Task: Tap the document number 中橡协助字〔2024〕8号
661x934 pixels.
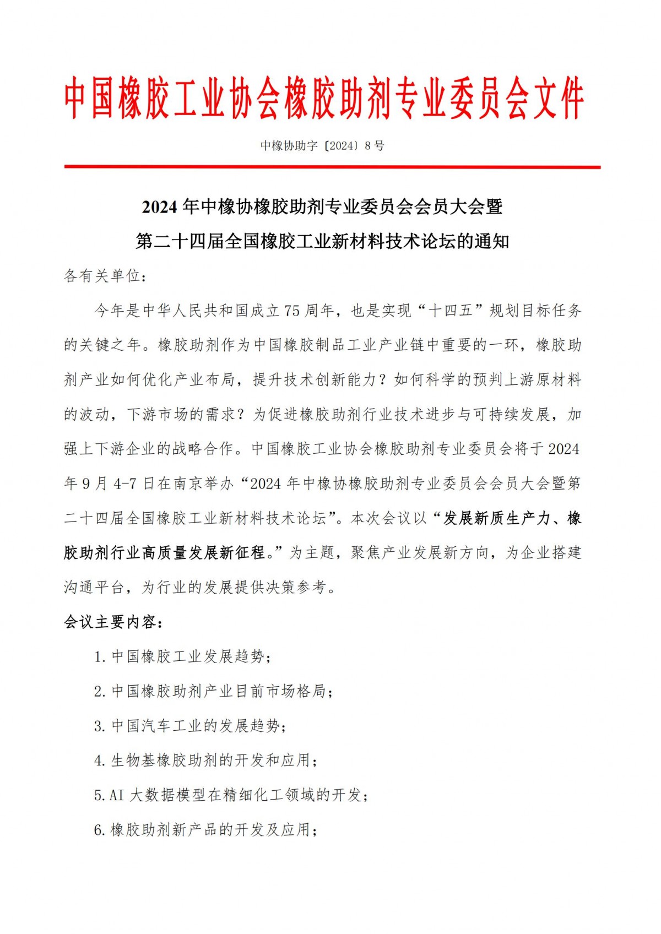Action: pos(322,146)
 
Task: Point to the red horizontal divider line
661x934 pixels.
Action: pos(332,167)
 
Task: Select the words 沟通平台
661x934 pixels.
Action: pos(94,588)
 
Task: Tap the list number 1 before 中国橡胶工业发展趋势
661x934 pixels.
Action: pos(99,657)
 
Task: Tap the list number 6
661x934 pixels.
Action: pos(99,830)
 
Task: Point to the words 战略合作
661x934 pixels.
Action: pos(203,449)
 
